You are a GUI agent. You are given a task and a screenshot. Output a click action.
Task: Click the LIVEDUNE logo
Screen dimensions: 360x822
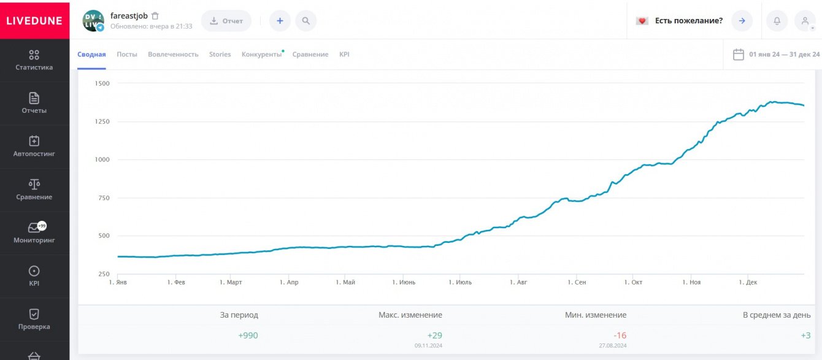tap(34, 20)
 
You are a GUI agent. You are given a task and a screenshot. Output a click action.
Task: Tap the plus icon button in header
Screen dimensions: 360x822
tap(280, 21)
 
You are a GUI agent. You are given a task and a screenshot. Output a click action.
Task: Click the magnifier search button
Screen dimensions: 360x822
tap(305, 21)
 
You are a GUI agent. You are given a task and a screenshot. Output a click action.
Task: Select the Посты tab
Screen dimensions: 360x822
tap(127, 55)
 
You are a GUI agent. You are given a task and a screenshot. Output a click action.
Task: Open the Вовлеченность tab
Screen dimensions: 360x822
tap(173, 55)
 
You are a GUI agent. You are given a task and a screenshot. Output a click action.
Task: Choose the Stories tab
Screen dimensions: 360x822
tap(220, 55)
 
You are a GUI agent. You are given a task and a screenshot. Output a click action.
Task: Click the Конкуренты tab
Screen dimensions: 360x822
tap(261, 55)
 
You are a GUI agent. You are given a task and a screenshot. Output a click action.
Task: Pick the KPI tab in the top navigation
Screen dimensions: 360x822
tap(344, 55)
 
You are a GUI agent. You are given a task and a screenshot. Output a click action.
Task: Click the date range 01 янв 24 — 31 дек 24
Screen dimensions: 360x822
tap(784, 55)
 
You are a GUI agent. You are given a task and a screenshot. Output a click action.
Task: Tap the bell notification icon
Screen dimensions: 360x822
tap(777, 21)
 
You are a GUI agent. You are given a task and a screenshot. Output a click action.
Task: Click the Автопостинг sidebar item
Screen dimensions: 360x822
tap(34, 147)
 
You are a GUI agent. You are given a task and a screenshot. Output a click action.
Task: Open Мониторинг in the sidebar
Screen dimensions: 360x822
tap(34, 233)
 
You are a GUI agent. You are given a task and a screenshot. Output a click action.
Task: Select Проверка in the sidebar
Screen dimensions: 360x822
tap(34, 320)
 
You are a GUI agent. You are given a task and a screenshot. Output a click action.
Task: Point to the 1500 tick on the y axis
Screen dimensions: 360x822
tap(102, 83)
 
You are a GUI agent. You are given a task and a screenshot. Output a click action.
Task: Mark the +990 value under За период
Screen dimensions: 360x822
tap(248, 335)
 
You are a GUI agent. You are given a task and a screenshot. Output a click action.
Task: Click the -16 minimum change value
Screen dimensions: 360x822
tap(620, 335)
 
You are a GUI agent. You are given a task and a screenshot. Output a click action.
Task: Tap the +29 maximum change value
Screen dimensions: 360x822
tap(434, 335)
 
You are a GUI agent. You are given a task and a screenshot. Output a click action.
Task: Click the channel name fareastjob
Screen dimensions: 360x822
tap(129, 15)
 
